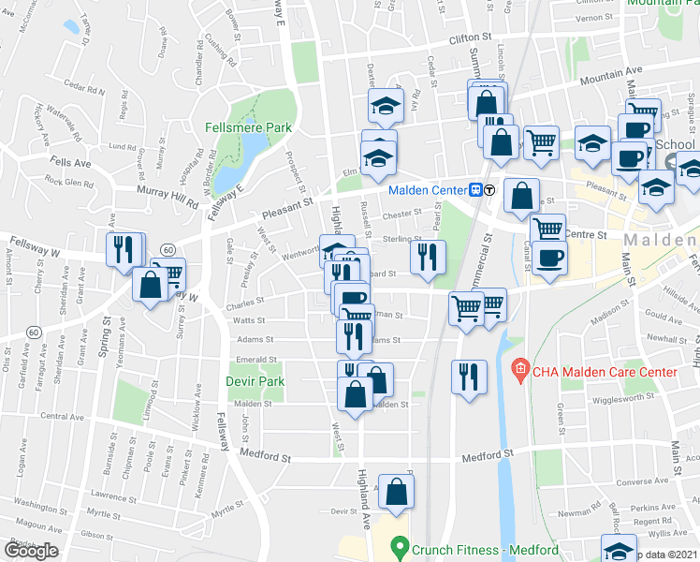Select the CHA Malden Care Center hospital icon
click(x=521, y=372)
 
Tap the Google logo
click(x=32, y=552)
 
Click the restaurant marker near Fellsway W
click(x=124, y=249)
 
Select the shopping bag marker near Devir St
click(x=397, y=492)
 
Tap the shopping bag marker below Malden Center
click(x=521, y=195)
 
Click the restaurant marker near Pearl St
click(x=428, y=257)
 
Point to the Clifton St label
click(x=470, y=38)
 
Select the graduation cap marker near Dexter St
click(x=384, y=107)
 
